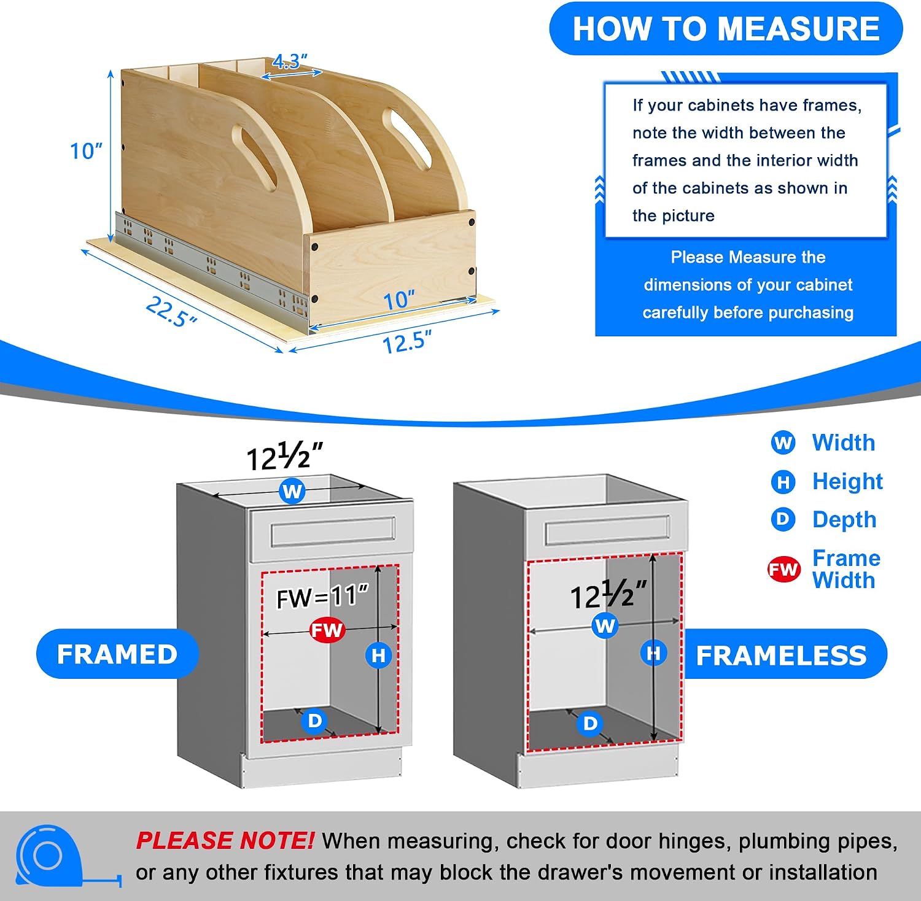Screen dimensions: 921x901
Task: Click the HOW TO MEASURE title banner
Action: coord(726,29)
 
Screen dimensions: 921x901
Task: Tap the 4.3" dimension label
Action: coord(290,61)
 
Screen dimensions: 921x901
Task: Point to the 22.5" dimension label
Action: coord(171,312)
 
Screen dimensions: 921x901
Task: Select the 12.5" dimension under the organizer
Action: coord(406,341)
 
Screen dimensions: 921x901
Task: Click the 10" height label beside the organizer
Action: coord(86,151)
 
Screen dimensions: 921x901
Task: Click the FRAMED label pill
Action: coord(117,654)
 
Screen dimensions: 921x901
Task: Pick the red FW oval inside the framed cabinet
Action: coord(327,630)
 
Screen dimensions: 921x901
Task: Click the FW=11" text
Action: coord(322,597)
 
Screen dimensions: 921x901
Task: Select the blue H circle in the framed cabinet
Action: coord(379,655)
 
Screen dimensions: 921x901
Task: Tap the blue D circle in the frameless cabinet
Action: coord(590,723)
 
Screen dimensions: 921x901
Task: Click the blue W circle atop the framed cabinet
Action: coord(292,491)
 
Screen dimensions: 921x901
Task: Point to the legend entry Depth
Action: coord(844,519)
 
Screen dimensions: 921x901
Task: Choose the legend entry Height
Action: coord(847,482)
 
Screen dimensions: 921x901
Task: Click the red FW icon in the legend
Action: coord(783,570)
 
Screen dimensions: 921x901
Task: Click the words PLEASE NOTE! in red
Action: coord(225,841)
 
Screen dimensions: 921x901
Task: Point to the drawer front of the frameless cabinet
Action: coord(607,532)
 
